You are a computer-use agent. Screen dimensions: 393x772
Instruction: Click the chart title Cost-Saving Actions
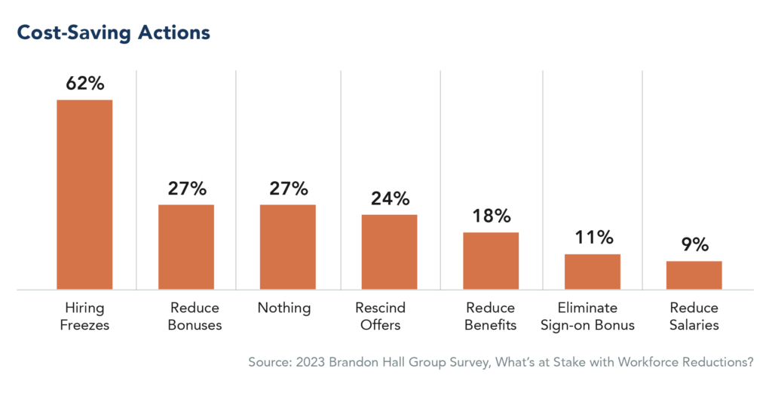click(113, 34)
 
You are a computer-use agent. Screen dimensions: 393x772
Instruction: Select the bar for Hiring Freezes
click(84, 194)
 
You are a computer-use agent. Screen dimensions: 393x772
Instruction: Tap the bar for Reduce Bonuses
click(186, 247)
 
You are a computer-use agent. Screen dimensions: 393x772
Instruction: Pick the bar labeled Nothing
click(288, 247)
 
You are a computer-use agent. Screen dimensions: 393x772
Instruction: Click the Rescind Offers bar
click(389, 251)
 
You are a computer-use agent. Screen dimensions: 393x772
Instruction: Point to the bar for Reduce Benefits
click(491, 260)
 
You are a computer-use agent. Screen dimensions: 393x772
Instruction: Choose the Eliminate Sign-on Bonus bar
click(593, 271)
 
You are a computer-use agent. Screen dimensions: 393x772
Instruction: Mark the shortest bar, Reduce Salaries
click(694, 275)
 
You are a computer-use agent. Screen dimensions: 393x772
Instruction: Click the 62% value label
click(84, 83)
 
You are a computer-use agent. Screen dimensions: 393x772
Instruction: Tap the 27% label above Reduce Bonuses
click(186, 189)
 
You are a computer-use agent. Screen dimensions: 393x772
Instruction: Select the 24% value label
click(389, 198)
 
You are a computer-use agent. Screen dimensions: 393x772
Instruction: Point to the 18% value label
click(491, 216)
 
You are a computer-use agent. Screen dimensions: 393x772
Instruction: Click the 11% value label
click(593, 238)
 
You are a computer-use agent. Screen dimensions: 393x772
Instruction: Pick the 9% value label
click(694, 244)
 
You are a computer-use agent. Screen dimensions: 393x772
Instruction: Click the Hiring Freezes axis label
click(84, 317)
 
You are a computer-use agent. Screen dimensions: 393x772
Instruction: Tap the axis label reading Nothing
click(283, 309)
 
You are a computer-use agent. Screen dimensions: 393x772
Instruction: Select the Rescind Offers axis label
click(380, 317)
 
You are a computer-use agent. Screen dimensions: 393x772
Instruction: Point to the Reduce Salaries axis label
click(694, 317)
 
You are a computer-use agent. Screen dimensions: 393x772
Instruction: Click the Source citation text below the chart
click(501, 362)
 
